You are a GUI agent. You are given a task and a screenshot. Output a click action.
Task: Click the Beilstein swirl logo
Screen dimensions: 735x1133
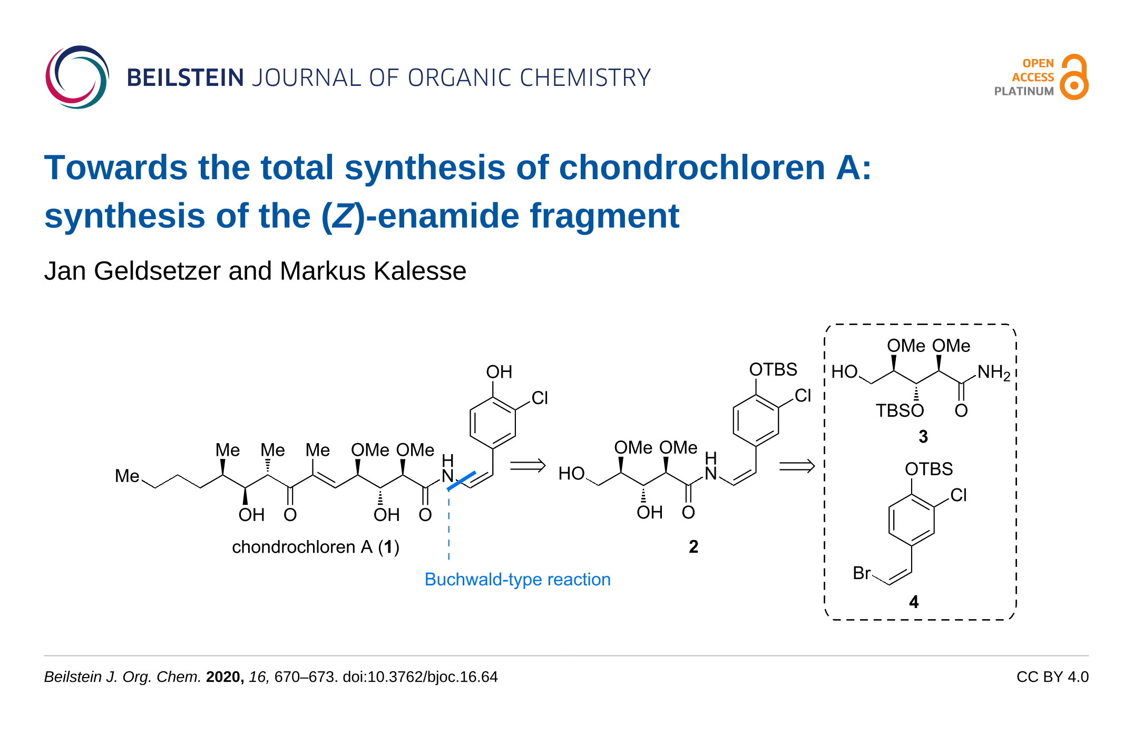pyautogui.click(x=77, y=77)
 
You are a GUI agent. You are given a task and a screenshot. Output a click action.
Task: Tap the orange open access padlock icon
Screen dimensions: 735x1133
pyautogui.click(x=1074, y=77)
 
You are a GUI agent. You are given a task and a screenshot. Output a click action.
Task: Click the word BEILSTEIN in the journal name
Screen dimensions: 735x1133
pyautogui.click(x=185, y=78)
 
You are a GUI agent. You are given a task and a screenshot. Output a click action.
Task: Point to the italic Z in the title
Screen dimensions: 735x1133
pyautogui.click(x=343, y=216)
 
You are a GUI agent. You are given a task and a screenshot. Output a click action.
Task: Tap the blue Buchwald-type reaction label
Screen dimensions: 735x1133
pyautogui.click(x=517, y=579)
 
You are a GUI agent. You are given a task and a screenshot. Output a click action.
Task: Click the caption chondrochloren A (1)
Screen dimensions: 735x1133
pyautogui.click(x=315, y=547)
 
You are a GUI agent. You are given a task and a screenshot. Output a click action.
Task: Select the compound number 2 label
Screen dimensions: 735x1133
pyautogui.click(x=693, y=547)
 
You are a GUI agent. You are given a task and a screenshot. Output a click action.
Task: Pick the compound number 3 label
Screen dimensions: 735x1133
pyautogui.click(x=923, y=436)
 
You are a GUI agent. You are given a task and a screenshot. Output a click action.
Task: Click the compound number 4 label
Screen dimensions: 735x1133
pyautogui.click(x=914, y=602)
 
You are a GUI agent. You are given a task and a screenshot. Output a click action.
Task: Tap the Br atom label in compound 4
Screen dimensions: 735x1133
pyautogui.click(x=862, y=573)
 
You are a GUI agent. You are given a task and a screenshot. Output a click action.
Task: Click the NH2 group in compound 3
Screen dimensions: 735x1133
pyautogui.click(x=993, y=373)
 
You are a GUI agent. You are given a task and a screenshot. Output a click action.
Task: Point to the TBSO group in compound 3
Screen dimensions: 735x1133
pyautogui.click(x=900, y=410)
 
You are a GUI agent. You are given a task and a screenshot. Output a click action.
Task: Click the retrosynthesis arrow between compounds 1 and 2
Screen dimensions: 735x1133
pyautogui.click(x=528, y=465)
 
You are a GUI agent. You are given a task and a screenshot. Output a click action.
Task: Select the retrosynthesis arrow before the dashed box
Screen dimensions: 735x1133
pyautogui.click(x=796, y=466)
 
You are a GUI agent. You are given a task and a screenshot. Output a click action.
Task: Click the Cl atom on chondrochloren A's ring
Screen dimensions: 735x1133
pyautogui.click(x=540, y=398)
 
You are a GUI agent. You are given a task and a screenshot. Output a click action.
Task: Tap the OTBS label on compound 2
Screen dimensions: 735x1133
pyautogui.click(x=773, y=369)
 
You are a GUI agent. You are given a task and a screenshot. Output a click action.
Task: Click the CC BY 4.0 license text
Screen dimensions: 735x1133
pyautogui.click(x=1052, y=677)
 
